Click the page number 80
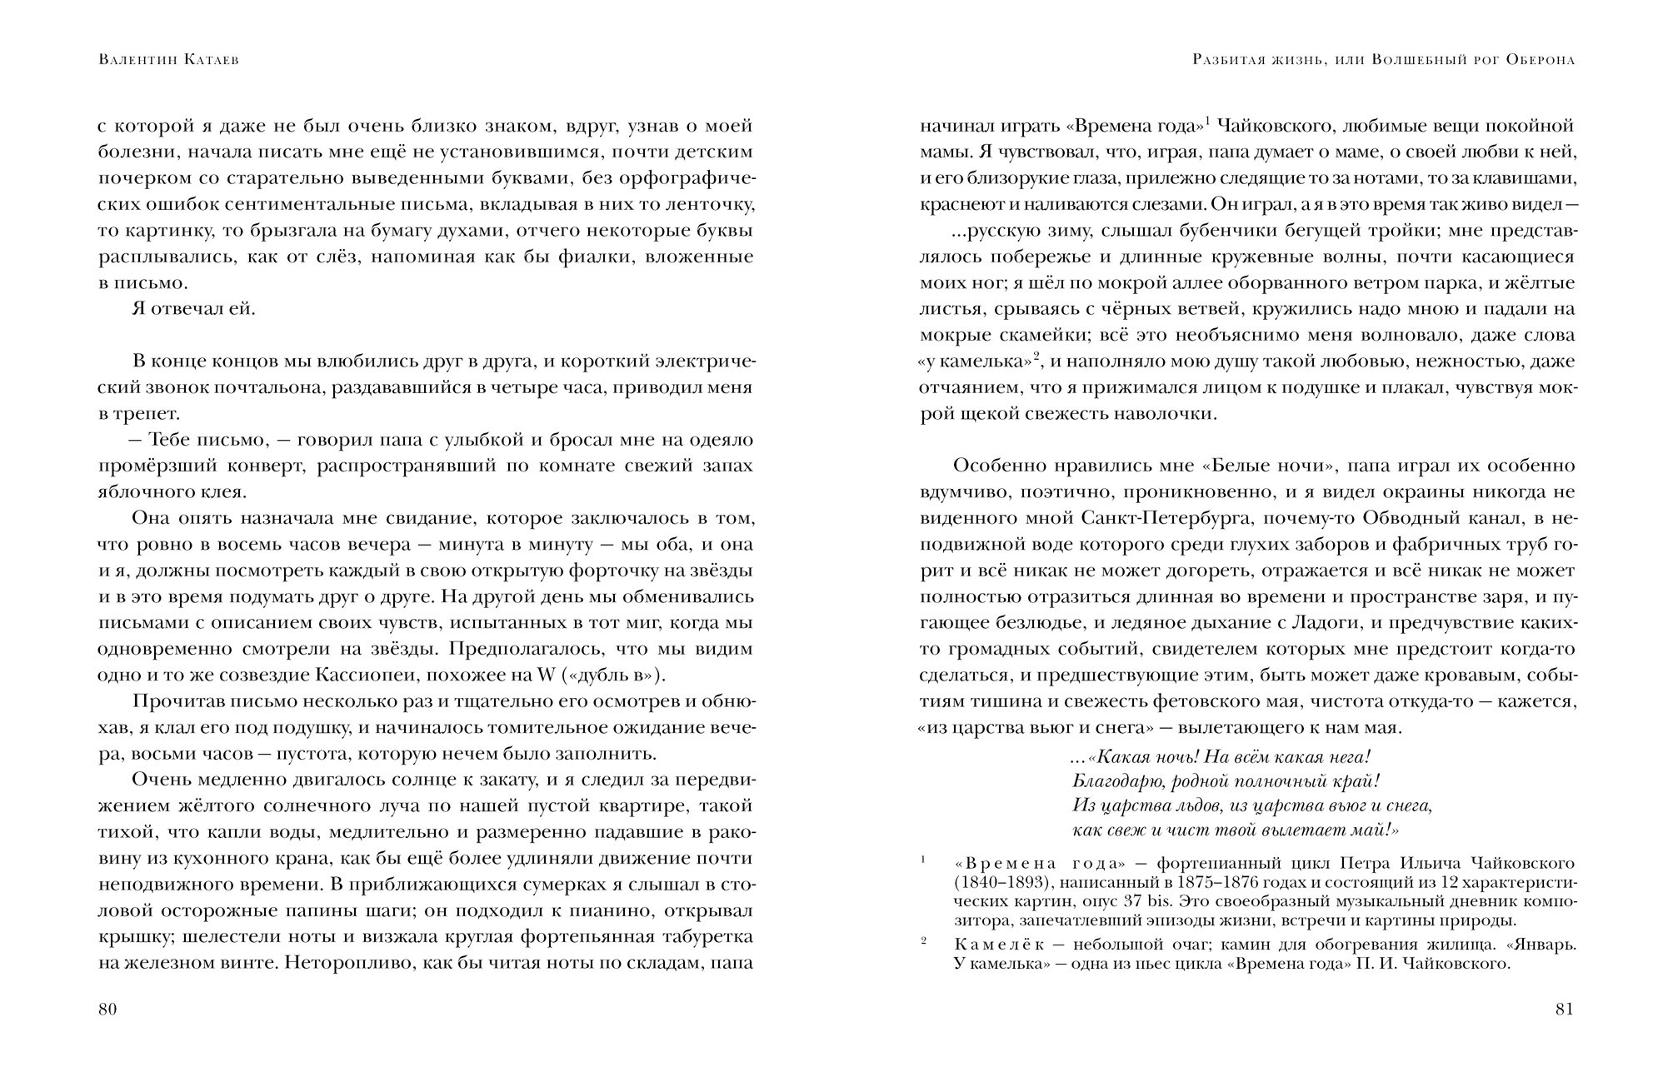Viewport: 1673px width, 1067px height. point(107,1010)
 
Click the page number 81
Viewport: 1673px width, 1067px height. point(1564,1010)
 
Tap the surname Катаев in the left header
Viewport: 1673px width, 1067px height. point(206,61)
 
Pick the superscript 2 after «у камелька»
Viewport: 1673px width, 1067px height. point(1037,357)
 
